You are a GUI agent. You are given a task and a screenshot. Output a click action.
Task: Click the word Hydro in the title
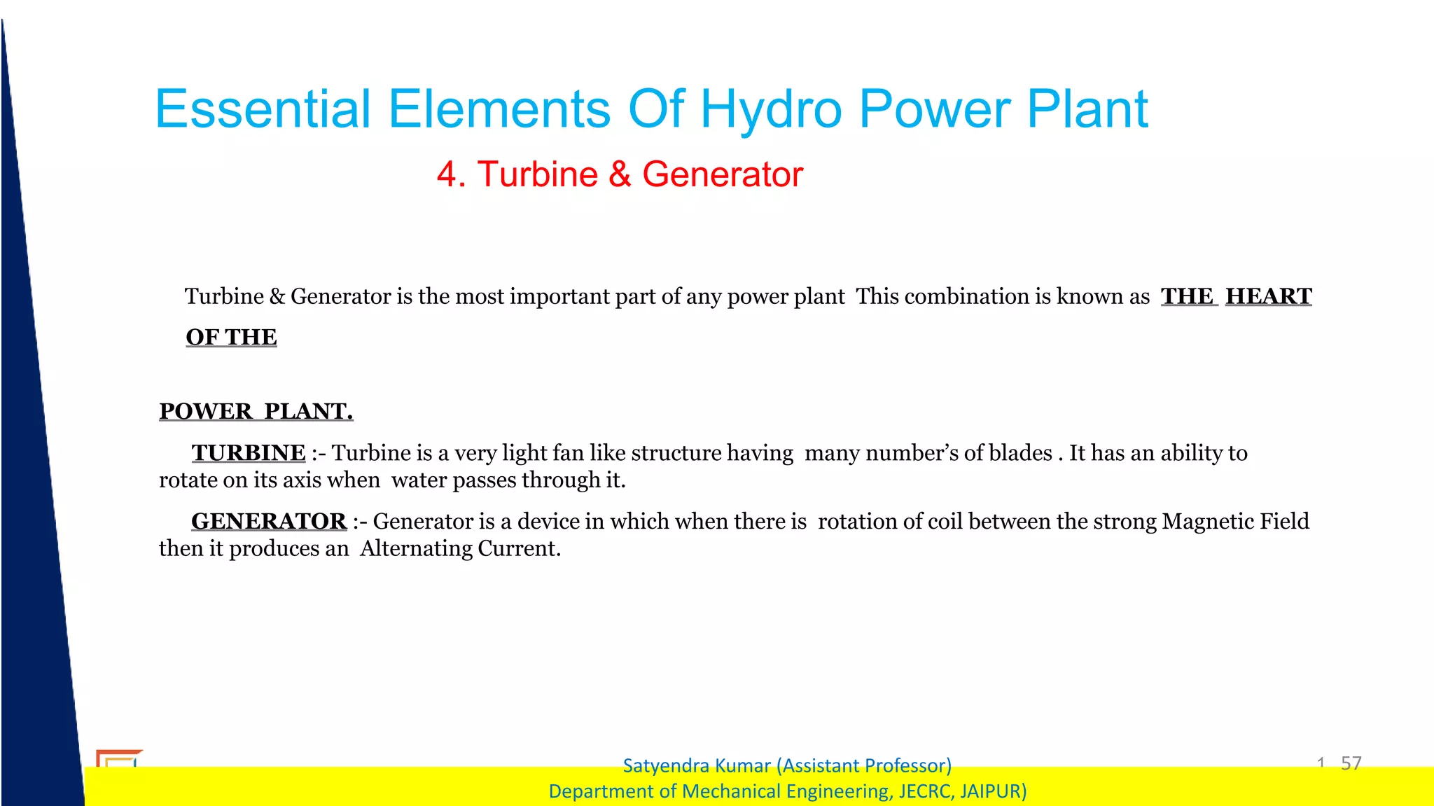(770, 110)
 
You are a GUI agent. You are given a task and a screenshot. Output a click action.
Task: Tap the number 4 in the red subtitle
(447, 174)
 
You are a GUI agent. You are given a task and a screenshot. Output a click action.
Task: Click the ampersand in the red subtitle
(619, 174)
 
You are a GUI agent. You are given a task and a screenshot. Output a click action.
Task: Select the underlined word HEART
(1268, 296)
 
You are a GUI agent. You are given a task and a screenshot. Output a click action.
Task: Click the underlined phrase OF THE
(231, 337)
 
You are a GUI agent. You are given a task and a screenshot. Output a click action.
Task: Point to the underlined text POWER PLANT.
(256, 411)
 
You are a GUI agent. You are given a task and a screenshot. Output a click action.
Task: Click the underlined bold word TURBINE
(249, 453)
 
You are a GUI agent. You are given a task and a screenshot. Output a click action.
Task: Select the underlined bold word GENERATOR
(269, 522)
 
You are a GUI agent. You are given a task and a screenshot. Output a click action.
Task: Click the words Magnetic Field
(1235, 522)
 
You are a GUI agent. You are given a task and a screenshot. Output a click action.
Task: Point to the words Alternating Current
(460, 548)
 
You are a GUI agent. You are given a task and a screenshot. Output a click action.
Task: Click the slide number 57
(1351, 763)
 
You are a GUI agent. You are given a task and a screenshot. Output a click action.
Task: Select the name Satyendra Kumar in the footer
(697, 765)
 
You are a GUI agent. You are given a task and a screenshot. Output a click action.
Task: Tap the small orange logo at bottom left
(118, 758)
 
